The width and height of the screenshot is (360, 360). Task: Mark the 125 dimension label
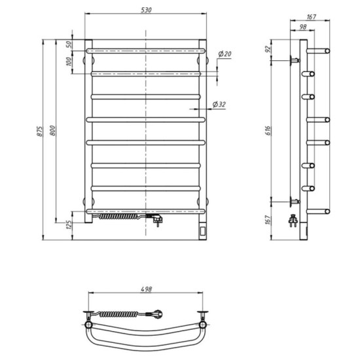[x=68, y=226]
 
